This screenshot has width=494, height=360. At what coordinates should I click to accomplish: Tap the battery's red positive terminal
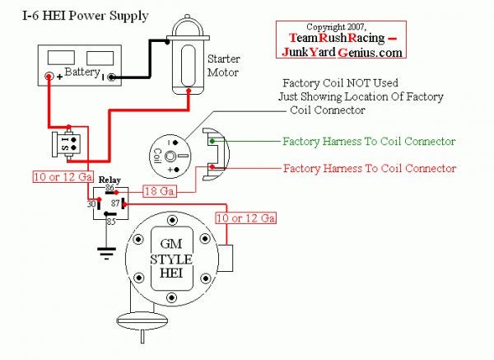tap(49, 77)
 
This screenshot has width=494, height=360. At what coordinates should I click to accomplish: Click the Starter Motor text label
tap(223, 66)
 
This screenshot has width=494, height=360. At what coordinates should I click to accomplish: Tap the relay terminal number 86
tap(110, 189)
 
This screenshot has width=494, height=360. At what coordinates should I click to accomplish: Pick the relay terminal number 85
tap(110, 221)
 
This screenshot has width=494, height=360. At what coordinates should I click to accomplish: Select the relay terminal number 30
tap(91, 202)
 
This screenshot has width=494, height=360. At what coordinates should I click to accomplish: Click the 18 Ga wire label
tap(161, 191)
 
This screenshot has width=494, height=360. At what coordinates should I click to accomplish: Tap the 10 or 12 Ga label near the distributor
tap(245, 218)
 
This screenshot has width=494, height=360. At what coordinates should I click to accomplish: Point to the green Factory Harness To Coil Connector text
tap(368, 143)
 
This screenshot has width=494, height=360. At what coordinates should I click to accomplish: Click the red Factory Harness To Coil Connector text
tap(368, 169)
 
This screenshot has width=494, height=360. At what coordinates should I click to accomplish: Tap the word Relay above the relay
tap(110, 179)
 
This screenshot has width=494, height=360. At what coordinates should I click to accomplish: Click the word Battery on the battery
tap(82, 72)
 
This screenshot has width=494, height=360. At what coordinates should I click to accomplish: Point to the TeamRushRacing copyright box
tap(340, 40)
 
